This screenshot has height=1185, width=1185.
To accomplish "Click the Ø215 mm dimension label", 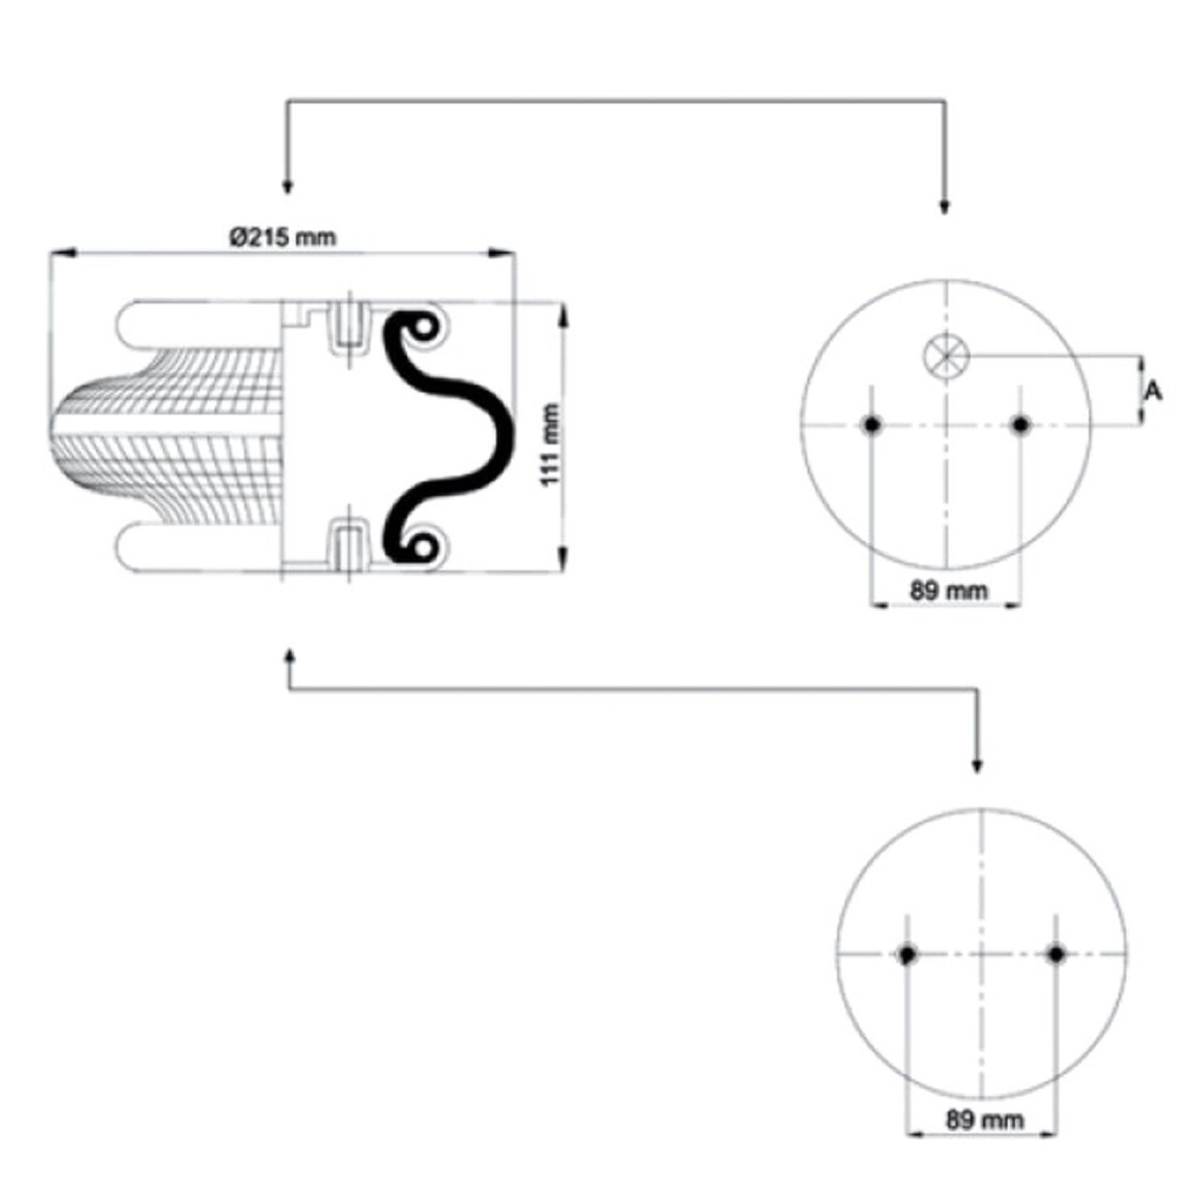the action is pos(283,237).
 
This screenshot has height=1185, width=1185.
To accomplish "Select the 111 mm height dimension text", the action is pos(551,445).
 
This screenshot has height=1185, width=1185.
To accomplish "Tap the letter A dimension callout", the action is pos(1154,390).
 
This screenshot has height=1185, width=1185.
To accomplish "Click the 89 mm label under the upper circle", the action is pos(948,590).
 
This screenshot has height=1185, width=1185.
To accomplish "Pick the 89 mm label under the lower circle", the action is pos(984,1119).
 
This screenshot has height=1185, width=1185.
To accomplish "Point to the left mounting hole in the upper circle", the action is pos(871,425).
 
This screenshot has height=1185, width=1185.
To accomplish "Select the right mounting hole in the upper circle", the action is pos(1021,425).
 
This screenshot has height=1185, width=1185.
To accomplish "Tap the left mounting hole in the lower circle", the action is pos(907,954).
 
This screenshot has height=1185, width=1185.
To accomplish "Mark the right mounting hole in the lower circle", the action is pos(1056,954).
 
